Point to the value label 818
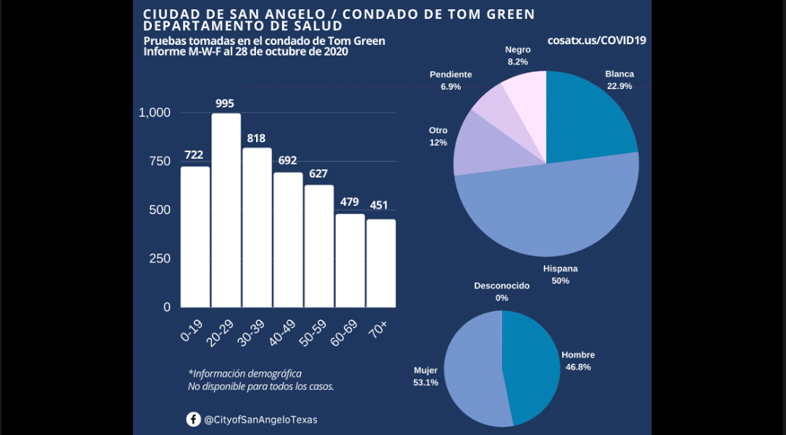257,138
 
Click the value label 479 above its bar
350,202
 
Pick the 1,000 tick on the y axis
155,113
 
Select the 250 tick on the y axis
159,259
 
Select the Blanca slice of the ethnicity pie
589,114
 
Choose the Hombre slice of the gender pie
532,365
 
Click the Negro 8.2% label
518,56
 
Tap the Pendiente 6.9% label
450,81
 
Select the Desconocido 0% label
501,291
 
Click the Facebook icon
194,419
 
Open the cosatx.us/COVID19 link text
596,40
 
